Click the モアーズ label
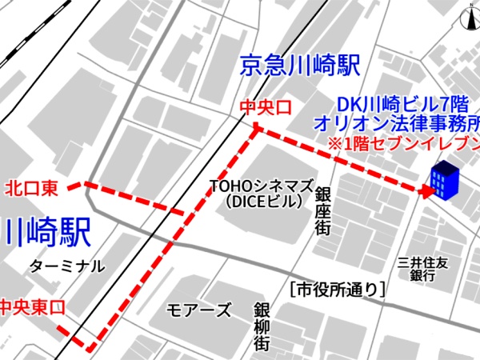[199, 310]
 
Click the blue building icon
[444, 181]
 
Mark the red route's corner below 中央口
[255, 130]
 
